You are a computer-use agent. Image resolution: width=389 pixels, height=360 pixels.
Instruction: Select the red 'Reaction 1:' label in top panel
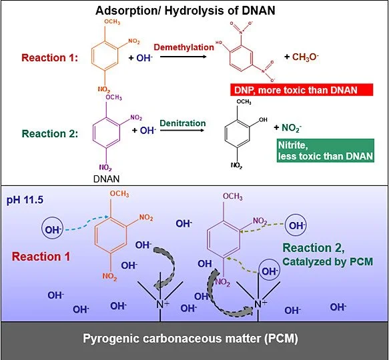[x=50, y=58]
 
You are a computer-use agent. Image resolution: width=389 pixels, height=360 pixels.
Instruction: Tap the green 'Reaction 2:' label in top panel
[x=50, y=132]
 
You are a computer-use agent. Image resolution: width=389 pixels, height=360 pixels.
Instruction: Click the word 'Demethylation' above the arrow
[x=184, y=47]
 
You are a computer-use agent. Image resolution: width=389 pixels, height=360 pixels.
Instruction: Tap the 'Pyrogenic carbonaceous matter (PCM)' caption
[x=194, y=338]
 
